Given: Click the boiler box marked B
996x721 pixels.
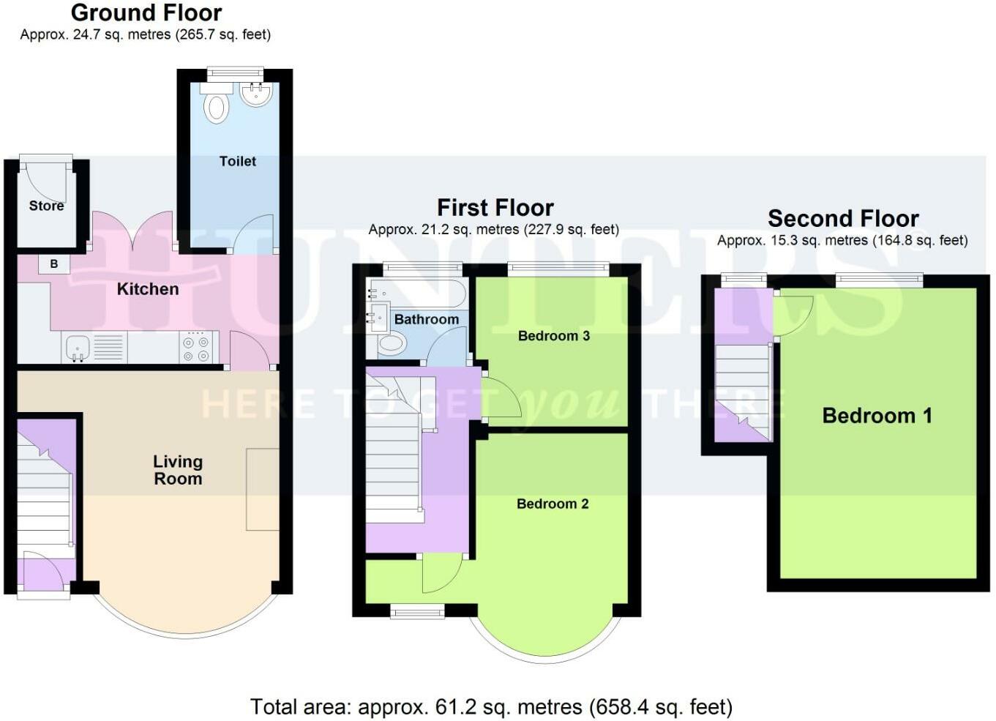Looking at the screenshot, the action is tap(54, 264).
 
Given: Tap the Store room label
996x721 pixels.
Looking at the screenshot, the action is tap(46, 206).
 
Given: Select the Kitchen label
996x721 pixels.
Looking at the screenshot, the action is tap(148, 289).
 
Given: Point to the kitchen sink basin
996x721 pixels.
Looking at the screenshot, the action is tap(78, 347).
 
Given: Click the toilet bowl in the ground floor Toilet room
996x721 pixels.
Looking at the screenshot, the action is tap(216, 108).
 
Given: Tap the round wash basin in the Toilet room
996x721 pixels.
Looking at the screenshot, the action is tap(256, 94).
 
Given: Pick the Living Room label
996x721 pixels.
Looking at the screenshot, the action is tap(178, 470).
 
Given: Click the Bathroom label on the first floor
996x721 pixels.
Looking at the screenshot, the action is tap(427, 319).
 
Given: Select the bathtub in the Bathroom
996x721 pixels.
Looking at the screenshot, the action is tap(416, 294).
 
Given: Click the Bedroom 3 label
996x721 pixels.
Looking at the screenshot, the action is tap(554, 336).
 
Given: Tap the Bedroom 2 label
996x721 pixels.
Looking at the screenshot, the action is tap(553, 504).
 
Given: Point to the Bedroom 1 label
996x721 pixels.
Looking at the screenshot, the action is tap(877, 416).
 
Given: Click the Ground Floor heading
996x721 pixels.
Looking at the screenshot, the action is tap(146, 12).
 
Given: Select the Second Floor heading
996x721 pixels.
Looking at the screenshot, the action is tap(843, 218).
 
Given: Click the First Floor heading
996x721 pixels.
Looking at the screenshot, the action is tap(495, 208).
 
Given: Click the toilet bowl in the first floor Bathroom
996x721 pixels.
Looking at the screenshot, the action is tap(392, 345).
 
